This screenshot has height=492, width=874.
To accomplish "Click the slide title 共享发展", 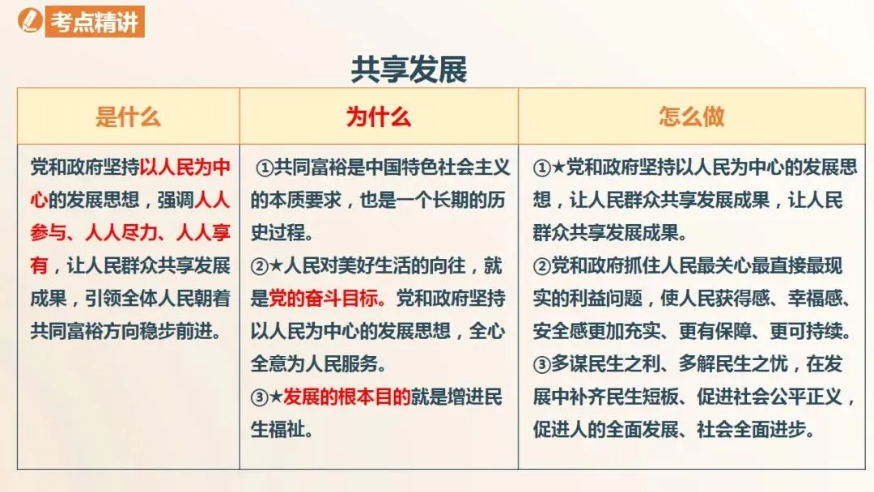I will [x=409, y=70].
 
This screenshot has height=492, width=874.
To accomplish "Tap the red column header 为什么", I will [x=379, y=117].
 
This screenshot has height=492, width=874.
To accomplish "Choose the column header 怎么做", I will [x=691, y=117].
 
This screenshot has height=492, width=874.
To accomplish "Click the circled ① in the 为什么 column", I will [x=265, y=168].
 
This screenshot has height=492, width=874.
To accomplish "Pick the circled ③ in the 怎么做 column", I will [x=541, y=364].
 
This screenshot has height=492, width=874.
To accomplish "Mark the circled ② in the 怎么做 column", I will [x=541, y=265].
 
